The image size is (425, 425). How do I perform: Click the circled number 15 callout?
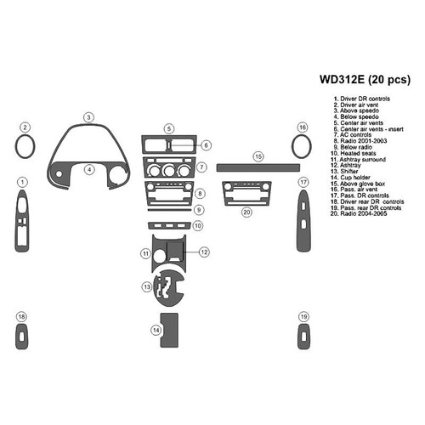pos(258,156)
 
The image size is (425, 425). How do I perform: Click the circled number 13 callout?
pos(148,287)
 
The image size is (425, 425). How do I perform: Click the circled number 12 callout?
pos(204,252)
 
